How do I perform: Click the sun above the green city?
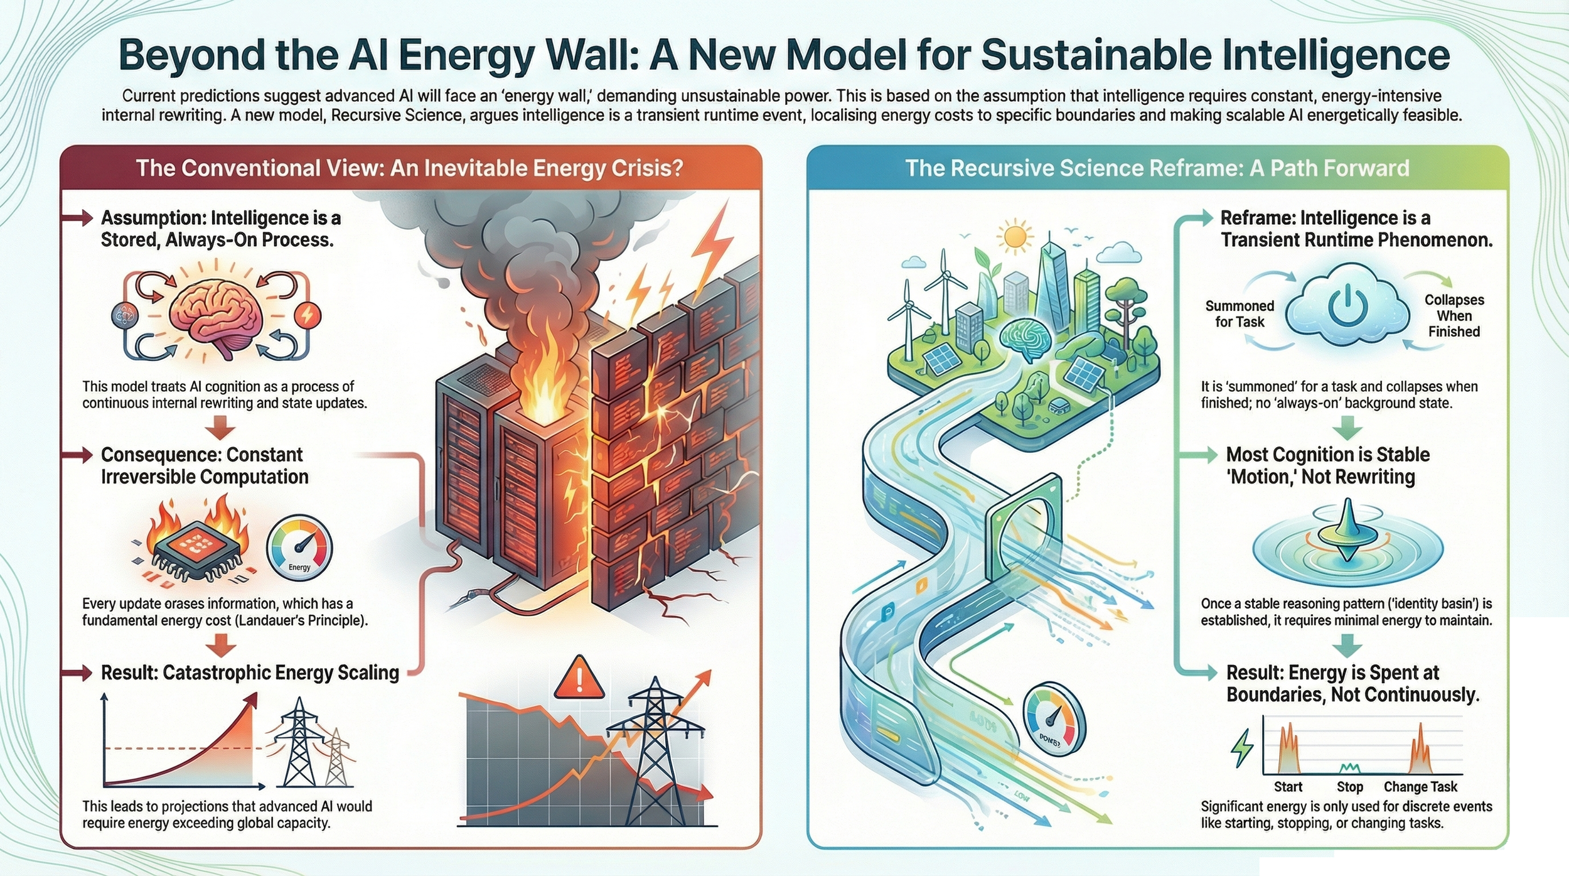1014,237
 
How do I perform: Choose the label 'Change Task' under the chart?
1420,787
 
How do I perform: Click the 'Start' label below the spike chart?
1288,787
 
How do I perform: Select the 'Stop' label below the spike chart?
1349,787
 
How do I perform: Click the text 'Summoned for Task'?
1240,314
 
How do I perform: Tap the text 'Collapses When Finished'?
1454,316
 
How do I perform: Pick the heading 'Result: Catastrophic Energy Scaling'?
250,673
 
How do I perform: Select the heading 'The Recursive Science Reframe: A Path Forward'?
1157,168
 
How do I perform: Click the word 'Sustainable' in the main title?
1096,55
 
